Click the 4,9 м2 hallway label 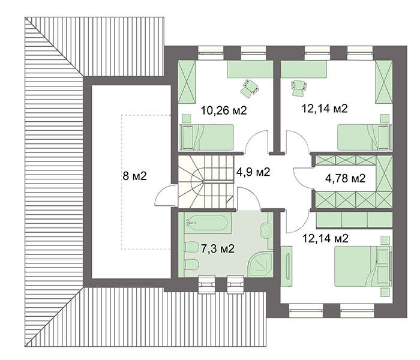pos(253,172)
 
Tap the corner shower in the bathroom pos(261,265)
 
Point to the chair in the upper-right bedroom pos(296,88)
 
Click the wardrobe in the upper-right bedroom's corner pos(382,83)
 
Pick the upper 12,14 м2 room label pos(325,109)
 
